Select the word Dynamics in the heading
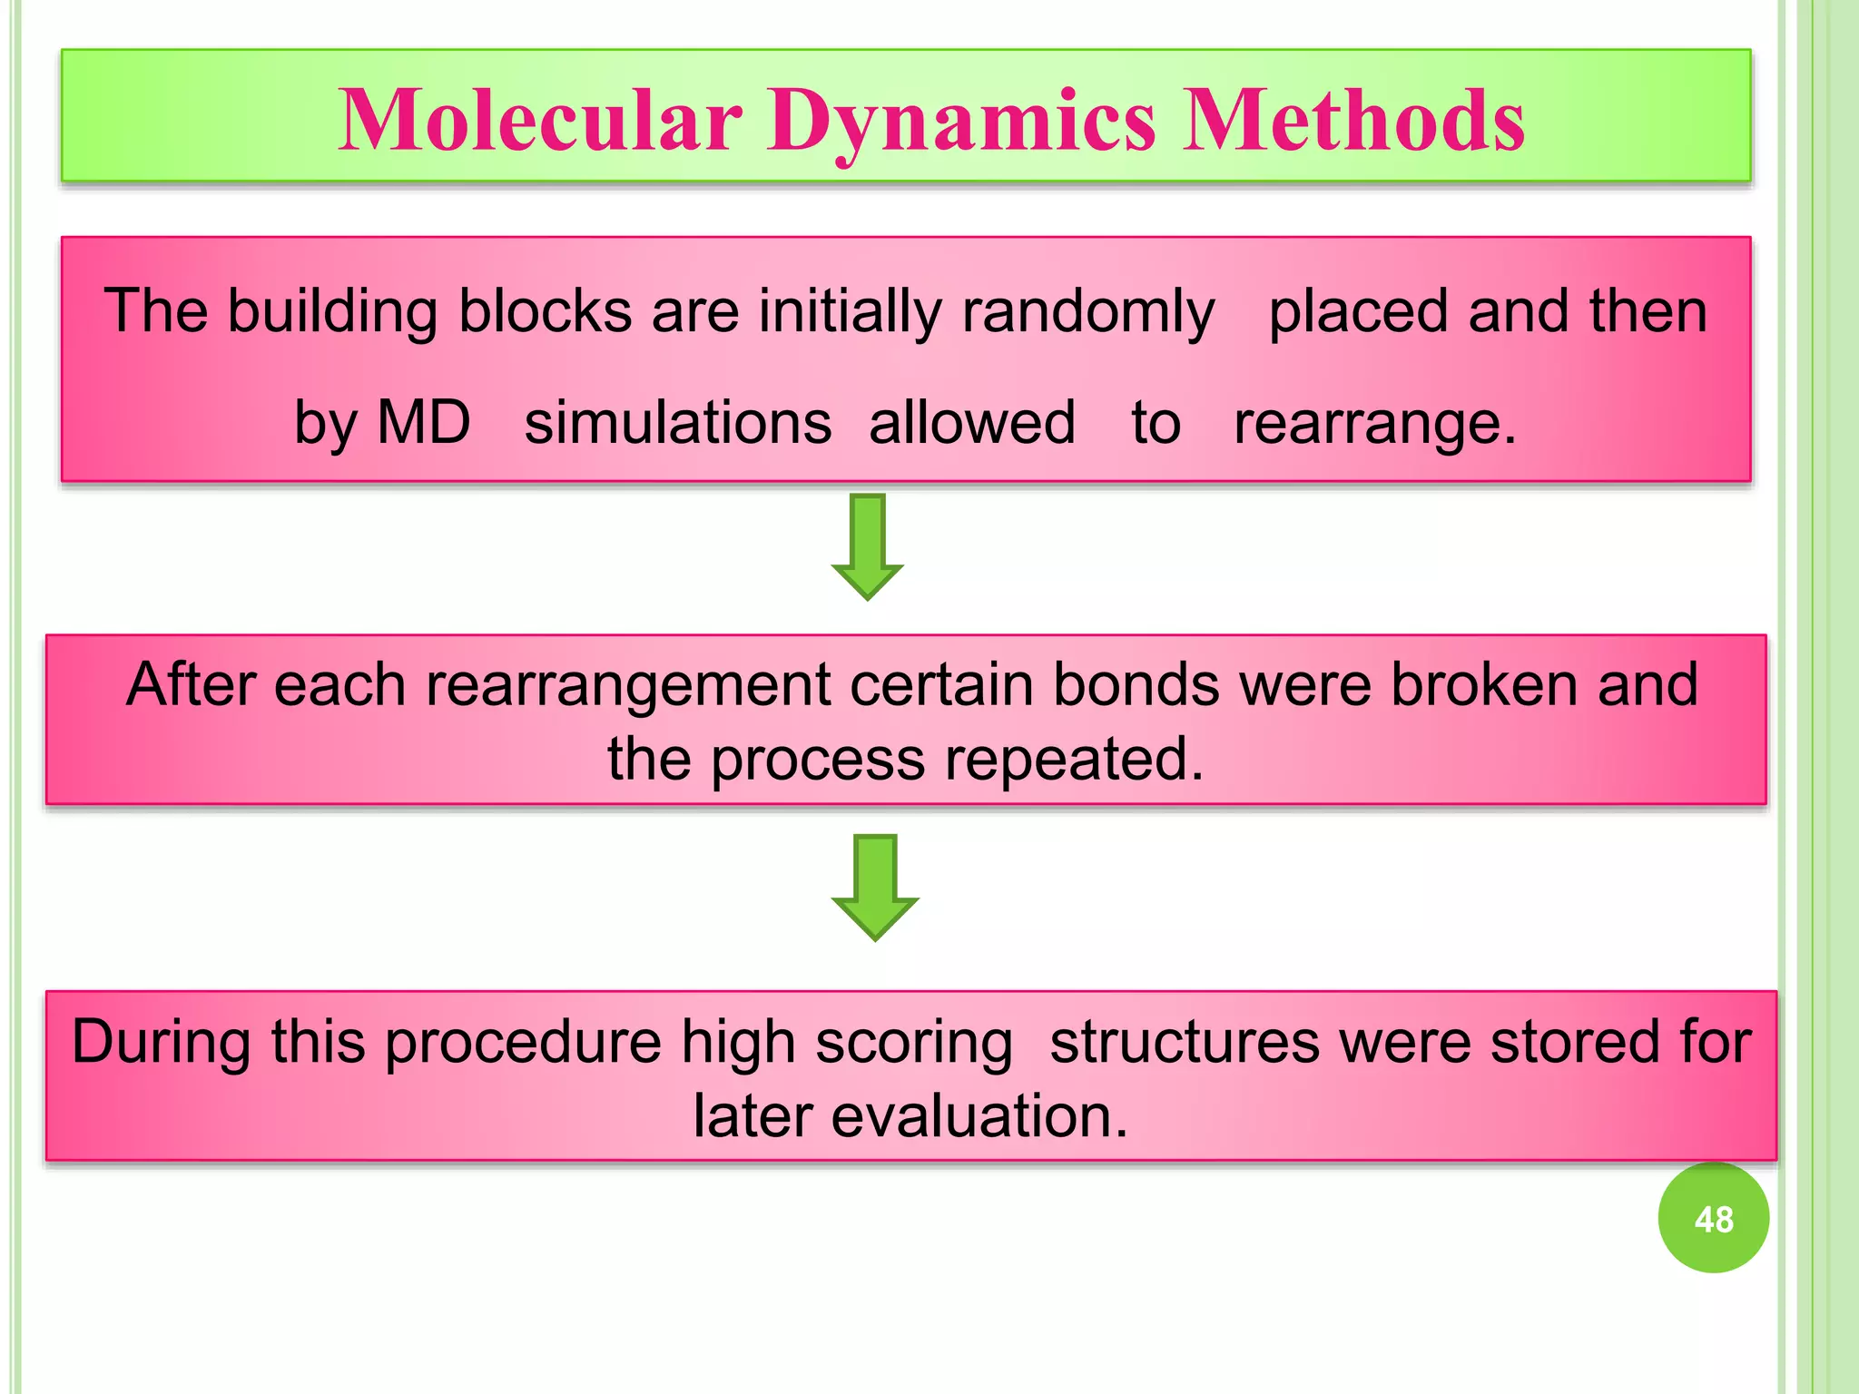961,123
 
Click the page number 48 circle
1713,1219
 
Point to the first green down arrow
868,545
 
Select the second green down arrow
875,887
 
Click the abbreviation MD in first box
423,423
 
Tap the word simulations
677,423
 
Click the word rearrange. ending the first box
1374,423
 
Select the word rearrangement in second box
627,685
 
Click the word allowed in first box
971,423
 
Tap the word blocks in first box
545,311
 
